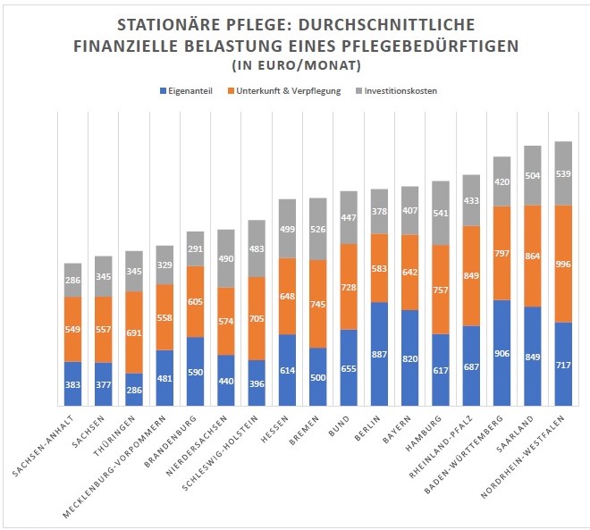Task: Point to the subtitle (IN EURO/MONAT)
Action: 294,64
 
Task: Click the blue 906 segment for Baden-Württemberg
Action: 501,352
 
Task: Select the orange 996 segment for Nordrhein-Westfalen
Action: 562,263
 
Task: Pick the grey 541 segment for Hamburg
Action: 441,213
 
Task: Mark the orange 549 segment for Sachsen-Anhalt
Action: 72,328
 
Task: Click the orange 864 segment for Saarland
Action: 532,255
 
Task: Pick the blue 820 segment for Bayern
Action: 410,358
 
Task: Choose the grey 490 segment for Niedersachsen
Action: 226,258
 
